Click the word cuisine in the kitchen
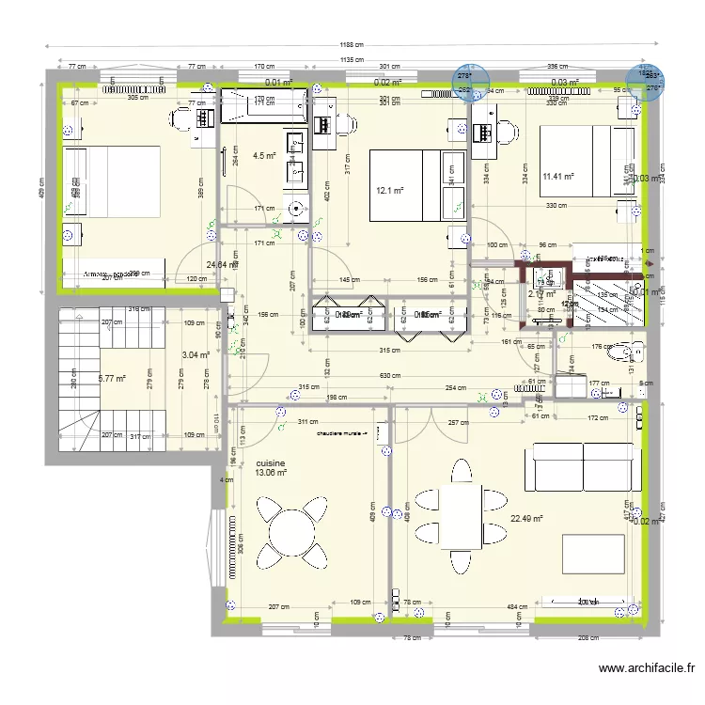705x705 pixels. (270, 463)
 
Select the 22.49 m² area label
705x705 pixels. (526, 517)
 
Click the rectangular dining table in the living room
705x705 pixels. (459, 517)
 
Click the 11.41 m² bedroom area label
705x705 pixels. (558, 175)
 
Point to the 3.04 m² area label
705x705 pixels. (196, 354)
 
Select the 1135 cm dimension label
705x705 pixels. (352, 60)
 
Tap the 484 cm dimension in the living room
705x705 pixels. (516, 606)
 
